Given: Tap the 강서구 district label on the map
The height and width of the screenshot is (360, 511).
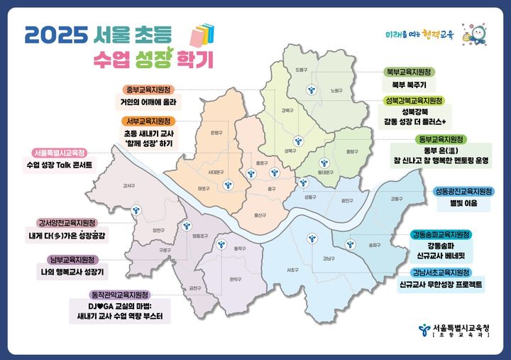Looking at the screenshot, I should (128, 186).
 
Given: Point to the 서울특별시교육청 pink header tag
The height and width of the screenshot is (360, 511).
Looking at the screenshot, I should (59, 153).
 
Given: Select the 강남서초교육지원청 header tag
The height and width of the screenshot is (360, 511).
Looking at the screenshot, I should (440, 272).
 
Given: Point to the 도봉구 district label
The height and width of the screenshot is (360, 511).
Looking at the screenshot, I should (301, 70).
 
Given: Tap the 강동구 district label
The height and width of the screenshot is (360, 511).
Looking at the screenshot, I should (396, 199).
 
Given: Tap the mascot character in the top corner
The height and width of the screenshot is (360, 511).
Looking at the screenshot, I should (472, 33).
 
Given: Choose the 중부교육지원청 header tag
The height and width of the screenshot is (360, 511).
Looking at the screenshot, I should (150, 89).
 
